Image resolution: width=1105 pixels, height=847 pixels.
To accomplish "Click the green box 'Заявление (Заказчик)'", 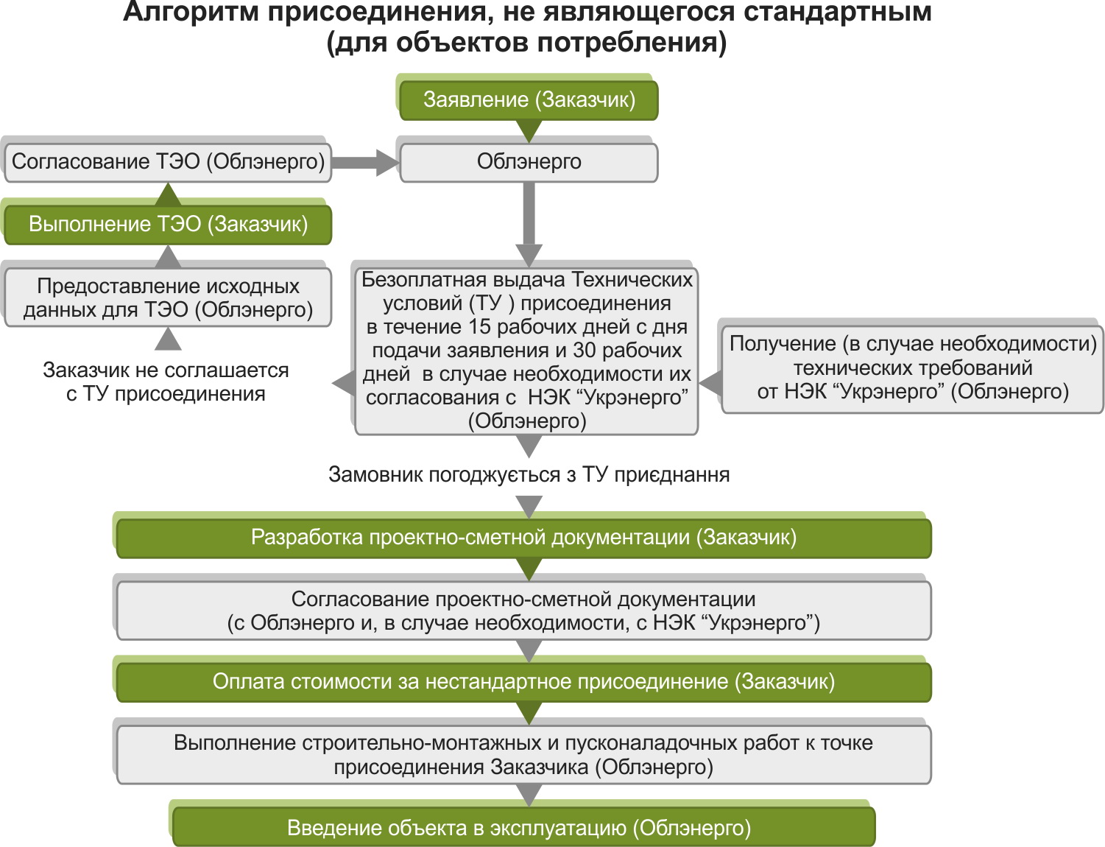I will pos(529,100).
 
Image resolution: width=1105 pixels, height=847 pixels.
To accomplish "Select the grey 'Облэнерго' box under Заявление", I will pos(529,162).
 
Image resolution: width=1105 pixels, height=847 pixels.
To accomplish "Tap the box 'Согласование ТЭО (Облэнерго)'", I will pos(168,162).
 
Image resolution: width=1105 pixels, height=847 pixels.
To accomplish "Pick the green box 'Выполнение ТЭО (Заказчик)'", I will pos(168,225).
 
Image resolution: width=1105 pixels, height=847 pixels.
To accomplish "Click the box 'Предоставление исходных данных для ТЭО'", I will pos(168,298).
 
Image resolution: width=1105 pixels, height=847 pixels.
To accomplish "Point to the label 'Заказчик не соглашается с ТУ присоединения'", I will pos(166,382).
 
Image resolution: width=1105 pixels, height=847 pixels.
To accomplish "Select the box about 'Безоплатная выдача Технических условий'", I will pos(526,350).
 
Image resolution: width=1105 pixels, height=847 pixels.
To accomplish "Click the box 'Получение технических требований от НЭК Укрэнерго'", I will pos(913,368).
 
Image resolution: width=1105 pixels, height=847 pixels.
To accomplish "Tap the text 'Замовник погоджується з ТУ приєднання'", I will pos(529,475).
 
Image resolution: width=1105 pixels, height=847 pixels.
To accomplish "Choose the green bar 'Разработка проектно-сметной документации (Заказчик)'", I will pos(523,538).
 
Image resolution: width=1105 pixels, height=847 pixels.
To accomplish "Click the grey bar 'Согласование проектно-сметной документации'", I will pos(523,611).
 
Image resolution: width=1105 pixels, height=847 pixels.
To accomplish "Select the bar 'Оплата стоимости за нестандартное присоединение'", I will pos(523,682).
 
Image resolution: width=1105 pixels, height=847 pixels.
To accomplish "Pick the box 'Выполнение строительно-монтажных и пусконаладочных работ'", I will pos(523,754).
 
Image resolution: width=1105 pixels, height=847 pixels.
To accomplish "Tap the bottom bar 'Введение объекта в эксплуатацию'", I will pos(523,828).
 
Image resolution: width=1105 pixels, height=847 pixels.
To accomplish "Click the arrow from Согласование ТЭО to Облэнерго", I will pos(365,162).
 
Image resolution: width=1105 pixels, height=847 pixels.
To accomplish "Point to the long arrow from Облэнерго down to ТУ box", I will pos(529,221).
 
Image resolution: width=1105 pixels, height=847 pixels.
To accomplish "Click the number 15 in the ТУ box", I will pos(479,327).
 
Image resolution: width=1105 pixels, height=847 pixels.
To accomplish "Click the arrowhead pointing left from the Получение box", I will pos(710,383).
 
